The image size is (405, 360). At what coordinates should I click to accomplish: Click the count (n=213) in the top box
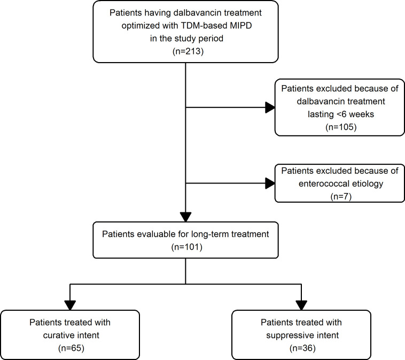(x=188, y=51)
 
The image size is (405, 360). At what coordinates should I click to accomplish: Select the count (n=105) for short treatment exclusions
(x=341, y=127)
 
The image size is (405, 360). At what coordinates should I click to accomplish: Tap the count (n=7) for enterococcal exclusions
(x=341, y=196)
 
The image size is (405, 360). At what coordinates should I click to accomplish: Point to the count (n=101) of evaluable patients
(x=187, y=247)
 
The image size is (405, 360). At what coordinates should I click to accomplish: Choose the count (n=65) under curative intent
(x=71, y=348)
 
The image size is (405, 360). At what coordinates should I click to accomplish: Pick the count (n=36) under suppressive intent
(x=302, y=348)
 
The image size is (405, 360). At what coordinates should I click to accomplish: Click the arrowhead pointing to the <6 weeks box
(x=270, y=108)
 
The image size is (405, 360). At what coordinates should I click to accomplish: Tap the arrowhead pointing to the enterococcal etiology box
(x=270, y=183)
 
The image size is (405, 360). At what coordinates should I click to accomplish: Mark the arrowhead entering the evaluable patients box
(x=186, y=217)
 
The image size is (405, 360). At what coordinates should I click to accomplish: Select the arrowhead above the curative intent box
(x=70, y=305)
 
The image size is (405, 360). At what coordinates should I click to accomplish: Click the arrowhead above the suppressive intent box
(x=301, y=305)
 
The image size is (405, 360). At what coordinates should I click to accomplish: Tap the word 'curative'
(x=58, y=335)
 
